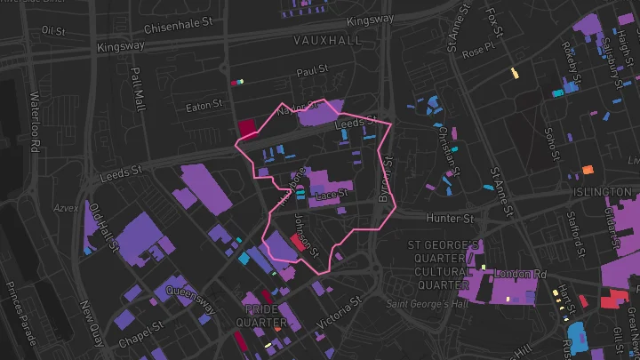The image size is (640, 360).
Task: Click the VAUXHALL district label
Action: pos(328,41)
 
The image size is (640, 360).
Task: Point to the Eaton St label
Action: pos(204,107)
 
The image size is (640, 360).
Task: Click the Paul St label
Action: pos(313,70)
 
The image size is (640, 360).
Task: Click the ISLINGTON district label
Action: pos(603,192)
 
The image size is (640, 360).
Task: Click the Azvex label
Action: pos(66,207)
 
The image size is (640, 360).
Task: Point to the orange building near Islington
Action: pos(588,169)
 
